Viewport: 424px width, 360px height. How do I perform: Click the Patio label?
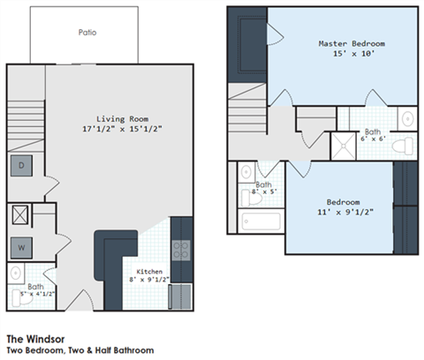pos(87,33)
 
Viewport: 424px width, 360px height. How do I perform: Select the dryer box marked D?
pos(20,166)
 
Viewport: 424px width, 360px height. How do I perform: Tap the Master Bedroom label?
pos(352,43)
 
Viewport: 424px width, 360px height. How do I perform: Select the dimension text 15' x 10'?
pos(352,54)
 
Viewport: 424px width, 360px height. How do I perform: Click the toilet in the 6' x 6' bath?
pos(406,145)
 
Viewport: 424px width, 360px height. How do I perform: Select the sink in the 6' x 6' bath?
pos(407,118)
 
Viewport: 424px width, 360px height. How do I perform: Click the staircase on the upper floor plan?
pos(247,115)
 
